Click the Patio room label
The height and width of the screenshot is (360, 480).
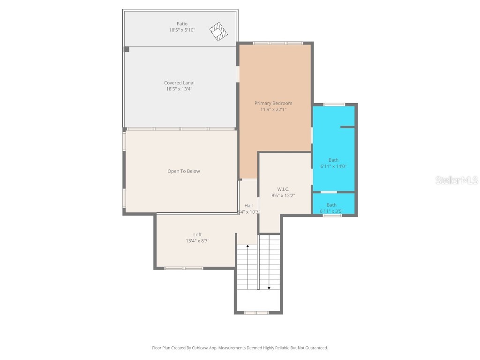pos(182,24)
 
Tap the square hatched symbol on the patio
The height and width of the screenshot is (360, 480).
pos(218,31)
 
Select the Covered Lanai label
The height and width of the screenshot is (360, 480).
pos(179,83)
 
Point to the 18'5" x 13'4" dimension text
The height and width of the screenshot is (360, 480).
pos(179,89)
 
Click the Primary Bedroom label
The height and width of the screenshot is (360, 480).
pos(273,103)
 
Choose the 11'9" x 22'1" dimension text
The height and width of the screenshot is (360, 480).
pos(273,109)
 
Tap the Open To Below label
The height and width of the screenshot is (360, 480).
pos(184,171)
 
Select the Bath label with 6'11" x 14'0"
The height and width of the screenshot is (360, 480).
pos(333,160)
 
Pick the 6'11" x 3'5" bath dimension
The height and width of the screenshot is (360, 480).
pos(331,211)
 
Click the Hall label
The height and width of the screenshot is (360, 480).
pos(248,205)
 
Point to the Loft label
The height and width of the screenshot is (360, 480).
pos(197,235)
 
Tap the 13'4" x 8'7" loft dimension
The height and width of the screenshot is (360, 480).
pos(197,241)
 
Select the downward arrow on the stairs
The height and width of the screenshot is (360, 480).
pos(269,288)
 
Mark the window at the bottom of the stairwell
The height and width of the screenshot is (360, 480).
pos(256,313)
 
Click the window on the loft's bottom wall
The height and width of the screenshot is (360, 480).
pos(184,268)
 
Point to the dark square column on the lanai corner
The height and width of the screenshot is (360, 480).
pos(126,49)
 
